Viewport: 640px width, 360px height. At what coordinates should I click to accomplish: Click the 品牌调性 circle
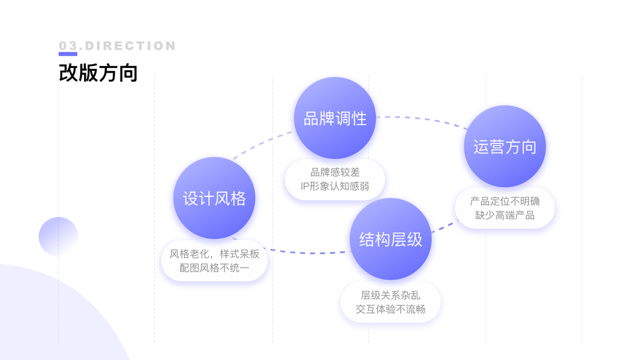[335, 118]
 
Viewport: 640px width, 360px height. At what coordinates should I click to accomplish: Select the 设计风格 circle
[214, 198]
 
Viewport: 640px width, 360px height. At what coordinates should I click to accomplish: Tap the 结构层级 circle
[390, 239]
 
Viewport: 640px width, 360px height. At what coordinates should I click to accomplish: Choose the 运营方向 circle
[504, 147]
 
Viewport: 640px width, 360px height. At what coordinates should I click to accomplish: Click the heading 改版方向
[98, 72]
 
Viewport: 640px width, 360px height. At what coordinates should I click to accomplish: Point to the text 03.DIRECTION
[118, 46]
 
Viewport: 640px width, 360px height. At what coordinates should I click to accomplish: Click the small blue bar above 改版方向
[68, 54]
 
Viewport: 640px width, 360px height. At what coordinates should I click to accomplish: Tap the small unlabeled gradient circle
[58, 236]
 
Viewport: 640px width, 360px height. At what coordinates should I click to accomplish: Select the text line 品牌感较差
[335, 172]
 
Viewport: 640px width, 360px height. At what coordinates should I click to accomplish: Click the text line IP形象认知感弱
[335, 186]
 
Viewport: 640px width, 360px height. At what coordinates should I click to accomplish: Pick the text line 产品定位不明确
[504, 201]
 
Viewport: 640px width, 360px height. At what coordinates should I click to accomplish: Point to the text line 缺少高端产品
[504, 215]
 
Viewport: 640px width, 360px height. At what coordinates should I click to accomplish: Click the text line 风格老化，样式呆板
[214, 254]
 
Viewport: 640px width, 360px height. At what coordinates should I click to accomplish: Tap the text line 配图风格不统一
[214, 268]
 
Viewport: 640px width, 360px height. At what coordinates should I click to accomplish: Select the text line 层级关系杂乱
[390, 295]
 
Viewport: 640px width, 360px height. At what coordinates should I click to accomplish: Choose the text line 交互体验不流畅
[390, 309]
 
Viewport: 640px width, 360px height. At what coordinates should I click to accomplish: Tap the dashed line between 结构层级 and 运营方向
[444, 226]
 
